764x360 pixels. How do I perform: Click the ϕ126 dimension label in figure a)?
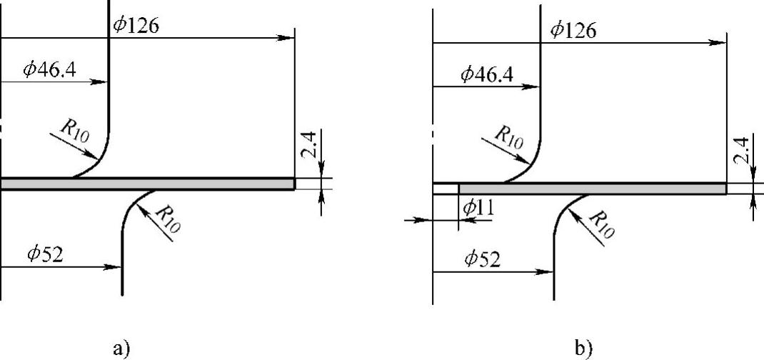point(136,25)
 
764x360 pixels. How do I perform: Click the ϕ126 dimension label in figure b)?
point(573,31)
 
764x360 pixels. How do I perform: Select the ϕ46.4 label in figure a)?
point(50,70)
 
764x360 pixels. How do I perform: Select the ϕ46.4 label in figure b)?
point(486,74)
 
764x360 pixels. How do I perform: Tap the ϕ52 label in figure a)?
point(45,254)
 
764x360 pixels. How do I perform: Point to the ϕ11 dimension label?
point(478,209)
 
